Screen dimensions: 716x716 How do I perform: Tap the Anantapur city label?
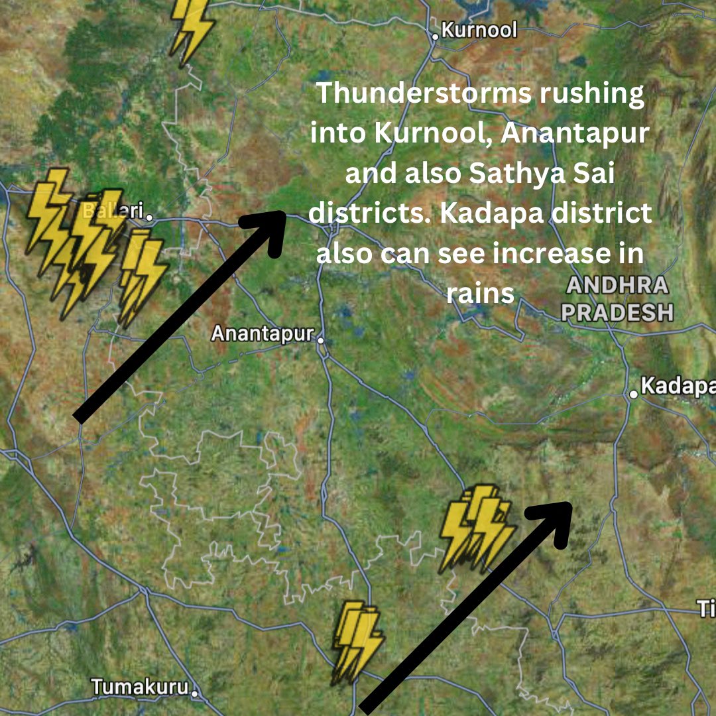click(x=262, y=333)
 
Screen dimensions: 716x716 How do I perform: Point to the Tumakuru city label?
click(x=140, y=687)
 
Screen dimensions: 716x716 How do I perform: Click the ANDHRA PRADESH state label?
click(x=617, y=299)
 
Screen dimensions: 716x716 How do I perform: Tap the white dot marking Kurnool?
click(x=436, y=36)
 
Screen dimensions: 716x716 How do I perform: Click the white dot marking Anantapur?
click(x=320, y=340)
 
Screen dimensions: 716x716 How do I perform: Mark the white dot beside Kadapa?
click(x=634, y=394)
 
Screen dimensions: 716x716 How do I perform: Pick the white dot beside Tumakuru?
click(x=195, y=693)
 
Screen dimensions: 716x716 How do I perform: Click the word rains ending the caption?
click(x=481, y=294)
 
